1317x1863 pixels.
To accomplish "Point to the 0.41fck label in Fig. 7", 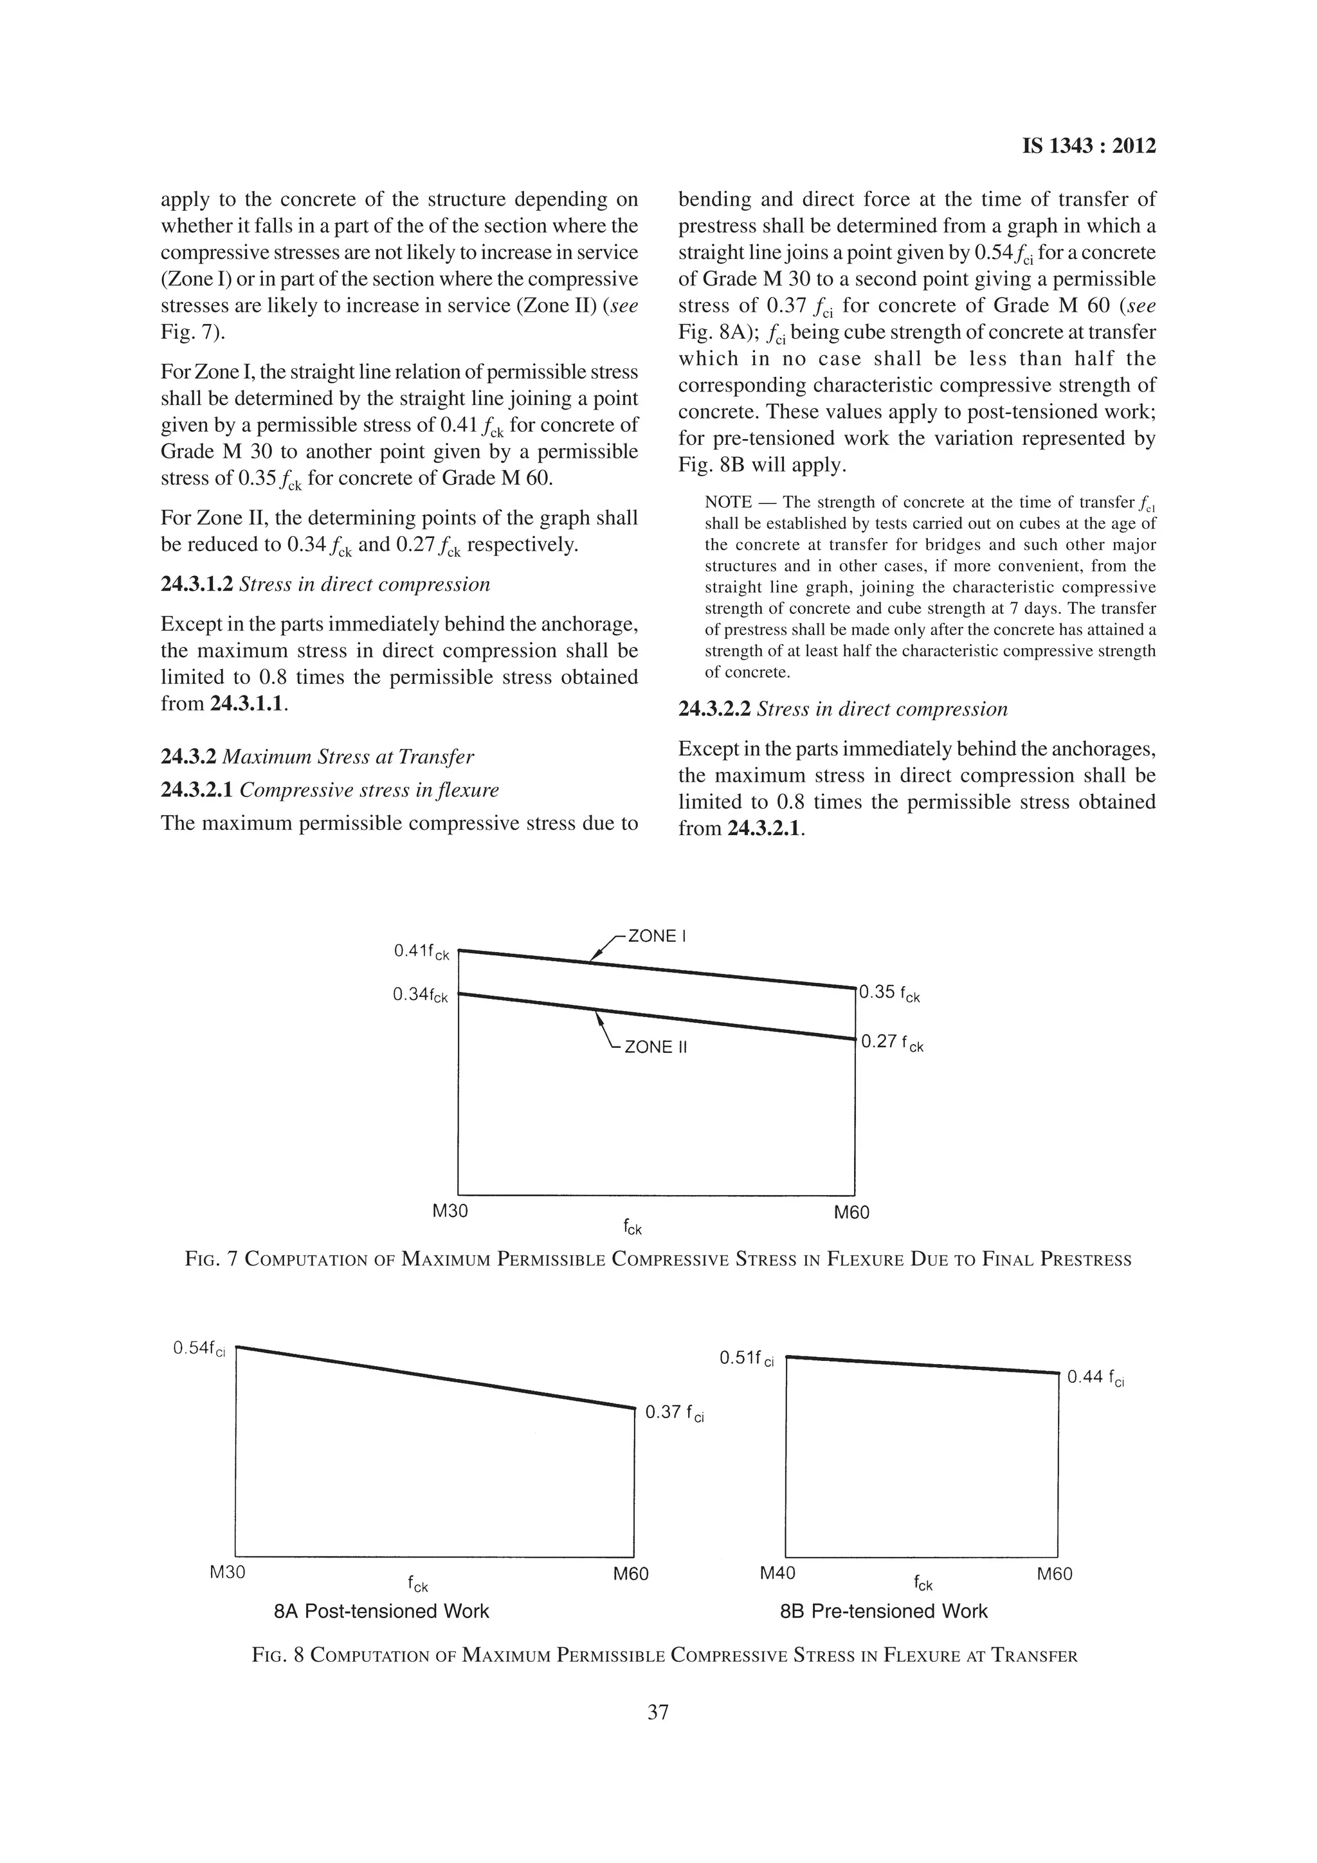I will (421, 951).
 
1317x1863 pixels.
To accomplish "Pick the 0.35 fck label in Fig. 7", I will (889, 993).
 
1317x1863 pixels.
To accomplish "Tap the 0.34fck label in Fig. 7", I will (419, 995).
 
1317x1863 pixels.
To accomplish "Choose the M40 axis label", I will (777, 1574).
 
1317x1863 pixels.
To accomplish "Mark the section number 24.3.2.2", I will (713, 709).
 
